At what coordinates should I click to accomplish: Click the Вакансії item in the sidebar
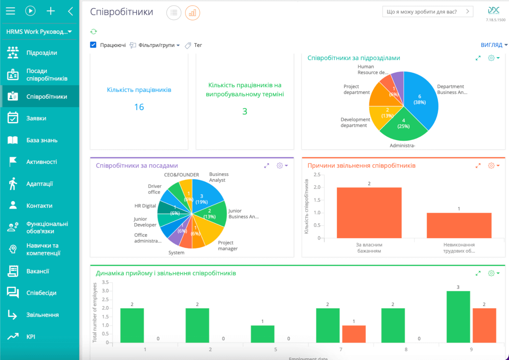tap(37, 271)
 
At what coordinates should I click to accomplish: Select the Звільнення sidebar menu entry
tap(42, 315)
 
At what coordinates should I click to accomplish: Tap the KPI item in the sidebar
tap(30, 337)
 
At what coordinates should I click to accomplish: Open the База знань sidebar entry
tap(42, 140)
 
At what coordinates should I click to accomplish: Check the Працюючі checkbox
tap(93, 45)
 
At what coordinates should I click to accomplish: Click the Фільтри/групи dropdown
tap(159, 45)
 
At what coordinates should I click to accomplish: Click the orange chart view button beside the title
tap(192, 13)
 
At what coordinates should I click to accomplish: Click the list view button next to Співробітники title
tap(174, 13)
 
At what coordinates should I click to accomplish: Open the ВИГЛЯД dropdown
tap(494, 45)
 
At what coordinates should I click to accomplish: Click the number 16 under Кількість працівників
tap(139, 107)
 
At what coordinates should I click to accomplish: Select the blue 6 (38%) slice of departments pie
tap(422, 98)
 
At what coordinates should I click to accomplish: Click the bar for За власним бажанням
tap(369, 213)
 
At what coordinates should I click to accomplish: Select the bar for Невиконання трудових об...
tap(459, 225)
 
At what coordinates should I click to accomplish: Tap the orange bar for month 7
tap(354, 334)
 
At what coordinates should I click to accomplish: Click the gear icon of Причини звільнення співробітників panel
tap(491, 165)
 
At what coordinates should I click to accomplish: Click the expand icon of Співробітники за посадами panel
tap(267, 165)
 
